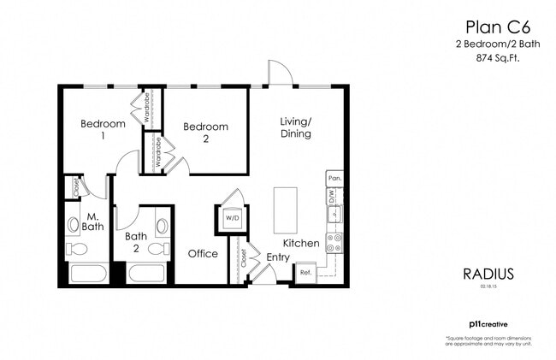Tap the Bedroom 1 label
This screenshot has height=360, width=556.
point(103,129)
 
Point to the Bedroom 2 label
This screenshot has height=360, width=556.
point(206,132)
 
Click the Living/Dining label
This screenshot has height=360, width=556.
point(295,127)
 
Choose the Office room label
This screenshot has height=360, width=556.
point(203,253)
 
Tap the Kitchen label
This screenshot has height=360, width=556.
point(301,244)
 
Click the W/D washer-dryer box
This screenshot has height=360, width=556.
point(232,217)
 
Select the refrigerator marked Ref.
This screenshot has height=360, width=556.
point(305,274)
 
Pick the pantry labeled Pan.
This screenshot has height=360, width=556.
point(334,179)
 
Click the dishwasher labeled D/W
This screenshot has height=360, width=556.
point(334,196)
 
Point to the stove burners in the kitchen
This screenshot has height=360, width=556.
point(334,242)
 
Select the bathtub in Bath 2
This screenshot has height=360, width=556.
point(150,274)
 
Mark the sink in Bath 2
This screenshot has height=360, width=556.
point(163,226)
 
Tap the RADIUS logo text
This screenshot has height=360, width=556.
point(488,274)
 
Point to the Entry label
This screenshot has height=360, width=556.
point(278,257)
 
